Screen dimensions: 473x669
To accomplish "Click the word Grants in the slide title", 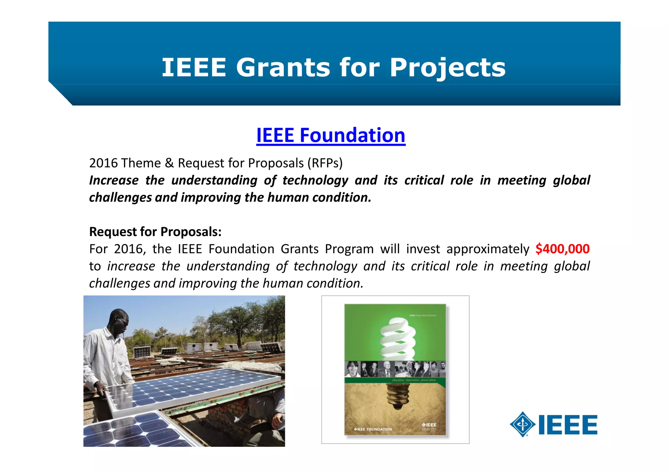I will pyautogui.click(x=283, y=68).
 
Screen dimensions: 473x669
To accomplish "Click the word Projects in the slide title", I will pyautogui.click(x=448, y=68).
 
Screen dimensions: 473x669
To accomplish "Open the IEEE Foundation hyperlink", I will pyautogui.click(x=331, y=135).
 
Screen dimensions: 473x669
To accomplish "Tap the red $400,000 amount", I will pyautogui.click(x=563, y=249).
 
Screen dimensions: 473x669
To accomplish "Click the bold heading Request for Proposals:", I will pyautogui.click(x=155, y=232).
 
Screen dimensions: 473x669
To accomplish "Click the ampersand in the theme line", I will pyautogui.click(x=169, y=163).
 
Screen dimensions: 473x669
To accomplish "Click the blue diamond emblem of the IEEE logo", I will pyautogui.click(x=522, y=424).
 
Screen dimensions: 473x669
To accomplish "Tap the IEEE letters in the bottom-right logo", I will pyautogui.click(x=568, y=425).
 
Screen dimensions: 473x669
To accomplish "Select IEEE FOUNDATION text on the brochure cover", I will pyautogui.click(x=373, y=429).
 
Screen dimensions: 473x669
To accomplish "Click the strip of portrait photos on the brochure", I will pyautogui.click(x=395, y=369).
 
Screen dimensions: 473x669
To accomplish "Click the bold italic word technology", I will pyautogui.click(x=315, y=180).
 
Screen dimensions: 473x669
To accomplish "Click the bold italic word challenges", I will pyautogui.click(x=120, y=198).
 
